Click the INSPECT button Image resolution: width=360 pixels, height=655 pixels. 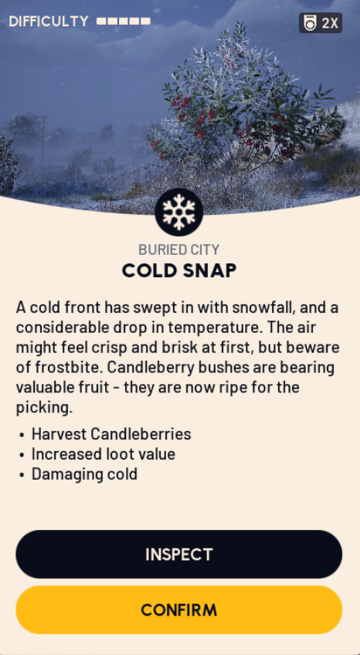[x=178, y=555]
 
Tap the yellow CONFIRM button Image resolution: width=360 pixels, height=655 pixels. [x=178, y=610]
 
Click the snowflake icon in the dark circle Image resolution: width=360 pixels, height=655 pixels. [x=178, y=212]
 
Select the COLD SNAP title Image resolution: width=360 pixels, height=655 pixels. [x=178, y=270]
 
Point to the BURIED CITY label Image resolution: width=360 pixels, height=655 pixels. [x=178, y=249]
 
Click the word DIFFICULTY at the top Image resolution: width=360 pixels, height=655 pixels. [x=48, y=22]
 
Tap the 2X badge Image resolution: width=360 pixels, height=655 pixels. [x=321, y=23]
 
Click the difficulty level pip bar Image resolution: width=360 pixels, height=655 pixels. [x=123, y=22]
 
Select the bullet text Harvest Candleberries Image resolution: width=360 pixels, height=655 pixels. [x=110, y=434]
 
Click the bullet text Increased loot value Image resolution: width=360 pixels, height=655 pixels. [x=103, y=454]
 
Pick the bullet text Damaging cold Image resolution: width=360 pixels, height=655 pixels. [x=84, y=474]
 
